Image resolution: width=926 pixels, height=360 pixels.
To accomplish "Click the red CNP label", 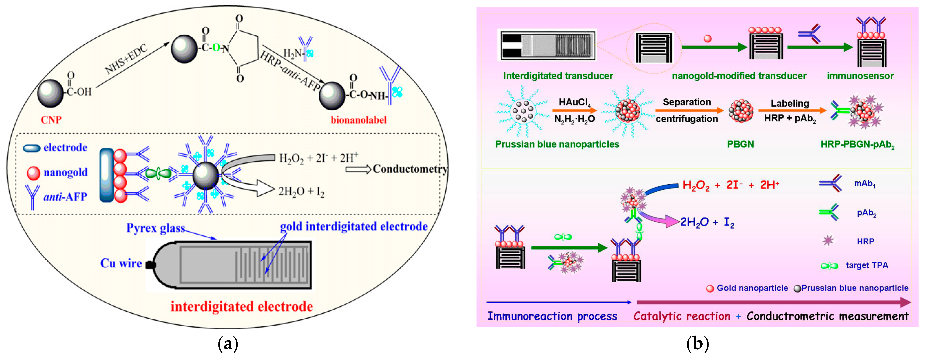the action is (51, 120).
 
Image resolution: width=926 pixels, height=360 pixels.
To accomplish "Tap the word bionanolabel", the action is (358, 120).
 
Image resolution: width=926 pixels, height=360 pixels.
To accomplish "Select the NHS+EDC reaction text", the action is (126, 59).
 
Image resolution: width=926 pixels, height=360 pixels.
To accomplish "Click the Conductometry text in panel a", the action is (410, 169).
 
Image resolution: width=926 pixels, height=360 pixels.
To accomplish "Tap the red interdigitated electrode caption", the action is (242, 306).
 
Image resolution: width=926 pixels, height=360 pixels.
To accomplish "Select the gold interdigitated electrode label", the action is (354, 226).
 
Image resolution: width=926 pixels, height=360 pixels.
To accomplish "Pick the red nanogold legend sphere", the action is (33, 173).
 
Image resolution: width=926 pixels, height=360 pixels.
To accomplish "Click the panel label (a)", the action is (228, 344).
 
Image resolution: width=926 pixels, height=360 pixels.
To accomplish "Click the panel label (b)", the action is (697, 344).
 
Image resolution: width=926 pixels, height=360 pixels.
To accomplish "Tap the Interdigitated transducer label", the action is (558, 76).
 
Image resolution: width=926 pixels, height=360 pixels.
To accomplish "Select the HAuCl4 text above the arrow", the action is (574, 103).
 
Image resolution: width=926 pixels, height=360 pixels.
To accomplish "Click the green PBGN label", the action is (741, 144).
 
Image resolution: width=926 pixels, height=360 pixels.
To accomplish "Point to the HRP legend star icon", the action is (828, 240).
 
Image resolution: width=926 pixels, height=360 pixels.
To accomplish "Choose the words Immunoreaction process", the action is (552, 316).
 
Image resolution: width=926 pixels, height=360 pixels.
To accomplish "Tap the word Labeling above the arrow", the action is (790, 103).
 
